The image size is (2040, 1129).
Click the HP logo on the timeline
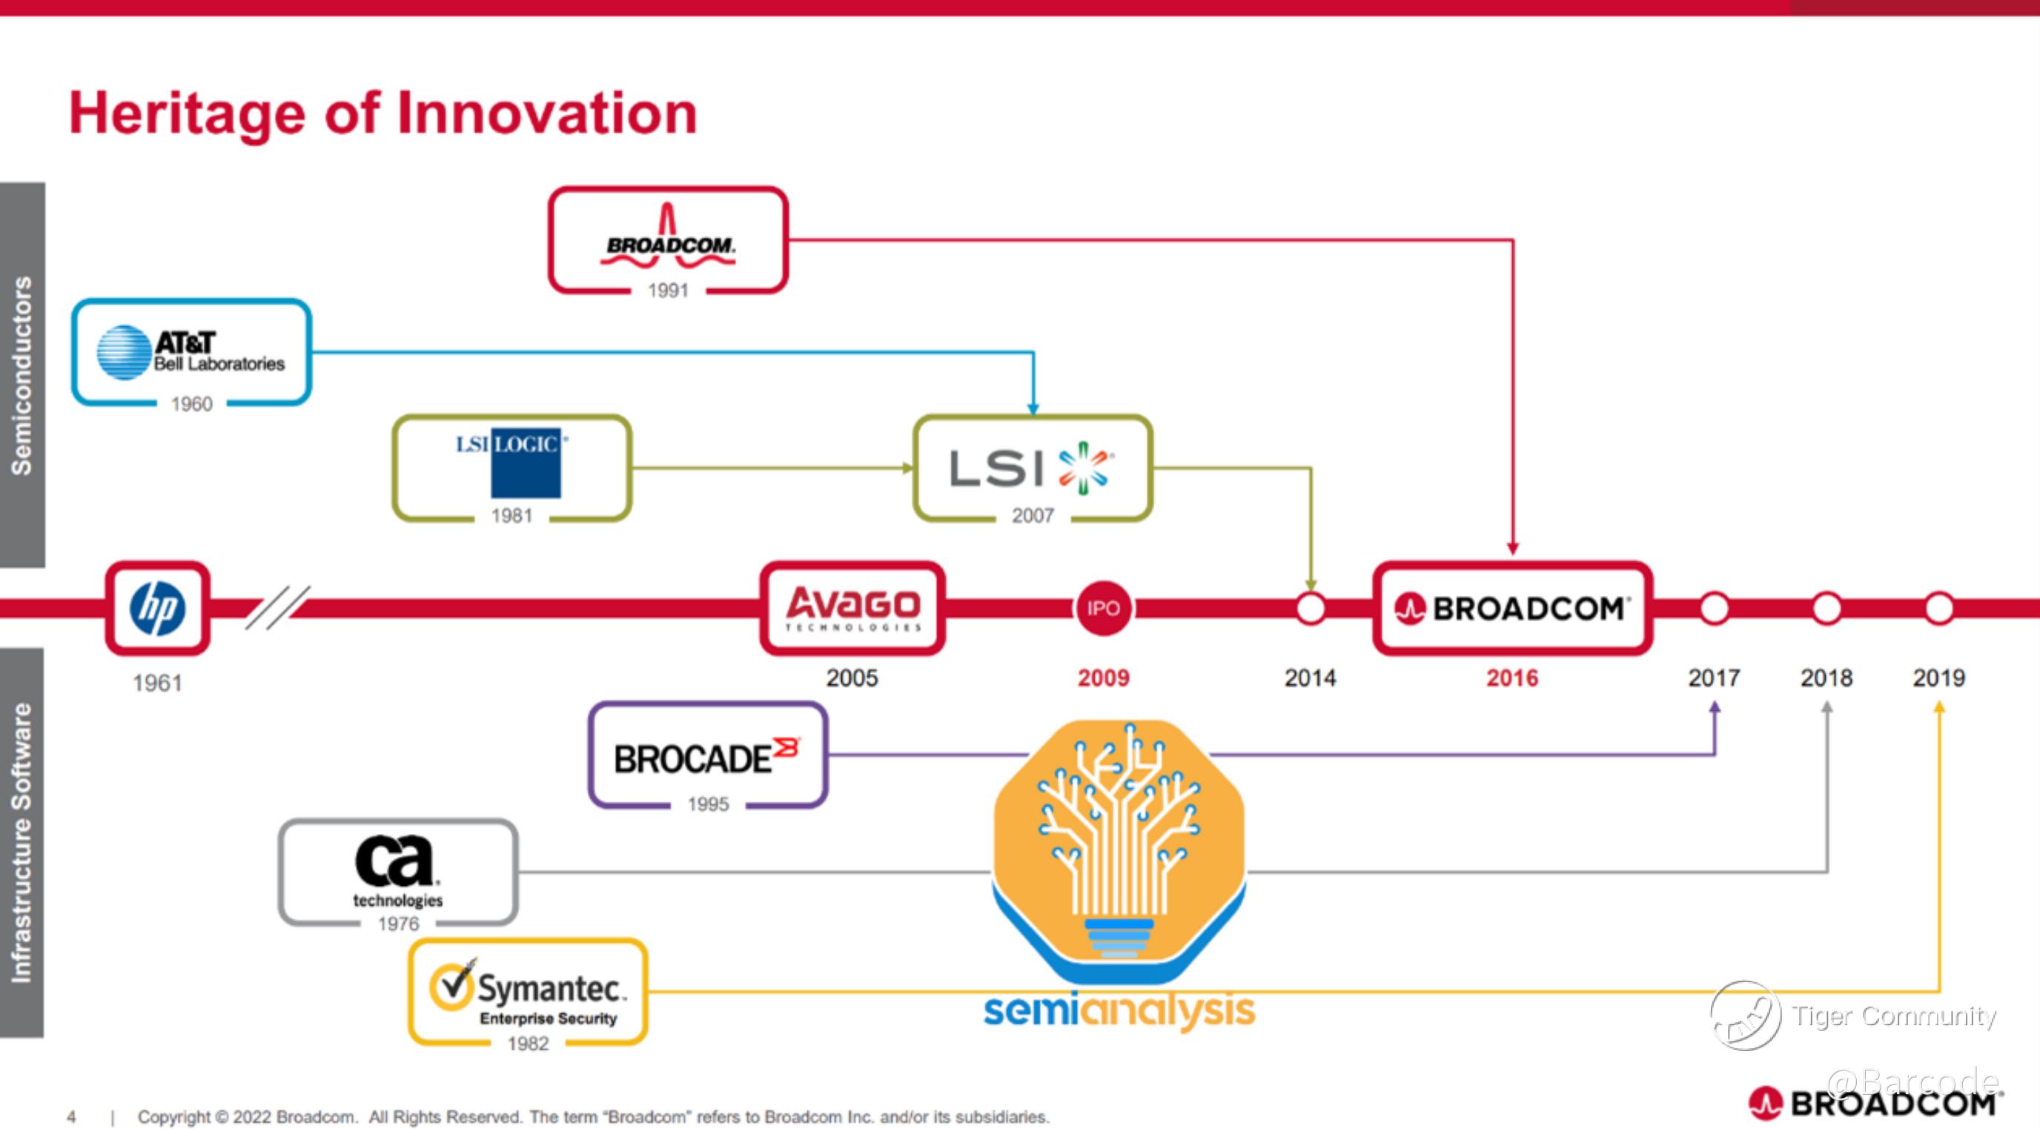tap(158, 608)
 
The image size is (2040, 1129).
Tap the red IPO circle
tap(1103, 608)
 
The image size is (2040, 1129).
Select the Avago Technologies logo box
tap(852, 608)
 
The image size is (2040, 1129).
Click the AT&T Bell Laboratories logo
tap(191, 352)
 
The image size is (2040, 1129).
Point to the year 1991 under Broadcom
tap(668, 291)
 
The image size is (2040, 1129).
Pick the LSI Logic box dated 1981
tap(511, 467)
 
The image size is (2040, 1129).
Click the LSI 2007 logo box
tap(1032, 467)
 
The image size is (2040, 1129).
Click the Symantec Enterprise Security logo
tap(529, 993)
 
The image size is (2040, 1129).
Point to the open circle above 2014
tap(1311, 609)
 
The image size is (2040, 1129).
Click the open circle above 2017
tap(1715, 609)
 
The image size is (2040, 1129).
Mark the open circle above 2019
tap(1938, 609)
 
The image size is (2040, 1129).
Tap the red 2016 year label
tap(1511, 678)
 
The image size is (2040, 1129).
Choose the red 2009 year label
tap(1103, 678)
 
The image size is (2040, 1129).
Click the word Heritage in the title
tap(187, 113)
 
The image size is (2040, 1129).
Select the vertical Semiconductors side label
tap(22, 375)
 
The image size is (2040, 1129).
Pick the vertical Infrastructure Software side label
tap(22, 842)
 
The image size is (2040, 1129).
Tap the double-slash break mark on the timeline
tap(277, 607)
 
